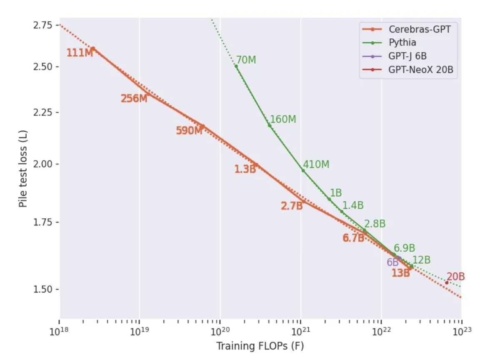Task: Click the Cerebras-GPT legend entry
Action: point(419,29)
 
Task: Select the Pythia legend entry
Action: point(402,42)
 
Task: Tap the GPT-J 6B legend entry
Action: point(407,56)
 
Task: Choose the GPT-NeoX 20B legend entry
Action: point(420,70)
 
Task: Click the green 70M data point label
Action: point(246,60)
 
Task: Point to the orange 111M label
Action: point(80,53)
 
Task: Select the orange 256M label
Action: point(134,99)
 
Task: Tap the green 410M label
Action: point(316,165)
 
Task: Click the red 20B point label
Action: point(455,277)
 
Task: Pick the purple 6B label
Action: point(392,262)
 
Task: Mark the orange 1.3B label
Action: point(245,169)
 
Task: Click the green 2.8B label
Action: point(375,224)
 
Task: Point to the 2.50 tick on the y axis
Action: point(42,67)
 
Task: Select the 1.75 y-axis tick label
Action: point(42,222)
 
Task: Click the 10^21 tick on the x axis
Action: point(300,331)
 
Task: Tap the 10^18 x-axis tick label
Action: point(60,331)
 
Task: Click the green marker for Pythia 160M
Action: point(269,125)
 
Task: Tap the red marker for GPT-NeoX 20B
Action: point(447,282)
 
